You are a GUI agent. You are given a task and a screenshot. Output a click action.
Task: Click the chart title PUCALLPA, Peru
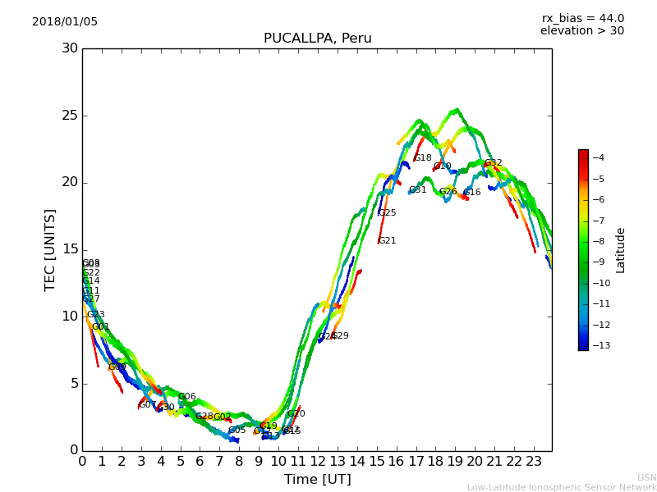tap(317, 39)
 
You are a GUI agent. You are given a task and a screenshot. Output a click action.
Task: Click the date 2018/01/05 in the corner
tap(65, 21)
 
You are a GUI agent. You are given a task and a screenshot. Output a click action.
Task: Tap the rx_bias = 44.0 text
tap(582, 18)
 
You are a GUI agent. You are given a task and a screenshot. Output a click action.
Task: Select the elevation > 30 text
tap(581, 31)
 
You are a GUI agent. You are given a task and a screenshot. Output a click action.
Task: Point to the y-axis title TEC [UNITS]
tap(50, 249)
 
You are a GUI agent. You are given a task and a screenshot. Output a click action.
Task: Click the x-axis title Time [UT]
tap(317, 479)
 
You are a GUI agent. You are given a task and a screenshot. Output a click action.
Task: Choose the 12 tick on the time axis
tap(318, 461)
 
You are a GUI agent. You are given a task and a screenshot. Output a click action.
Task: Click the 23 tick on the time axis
tap(533, 461)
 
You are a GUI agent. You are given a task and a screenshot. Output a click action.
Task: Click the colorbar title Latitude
tap(621, 250)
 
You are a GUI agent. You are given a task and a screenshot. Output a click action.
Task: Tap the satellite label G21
tap(387, 241)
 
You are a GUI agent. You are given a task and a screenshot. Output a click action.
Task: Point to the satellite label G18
tap(422, 158)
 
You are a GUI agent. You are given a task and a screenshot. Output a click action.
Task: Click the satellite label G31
tap(417, 190)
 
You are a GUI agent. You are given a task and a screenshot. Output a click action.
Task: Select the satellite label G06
tap(187, 397)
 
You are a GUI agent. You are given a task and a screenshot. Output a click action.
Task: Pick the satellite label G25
tap(387, 213)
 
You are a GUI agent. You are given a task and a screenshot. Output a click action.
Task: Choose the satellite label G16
tap(472, 193)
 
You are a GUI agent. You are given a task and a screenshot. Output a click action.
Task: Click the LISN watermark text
tap(646, 477)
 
